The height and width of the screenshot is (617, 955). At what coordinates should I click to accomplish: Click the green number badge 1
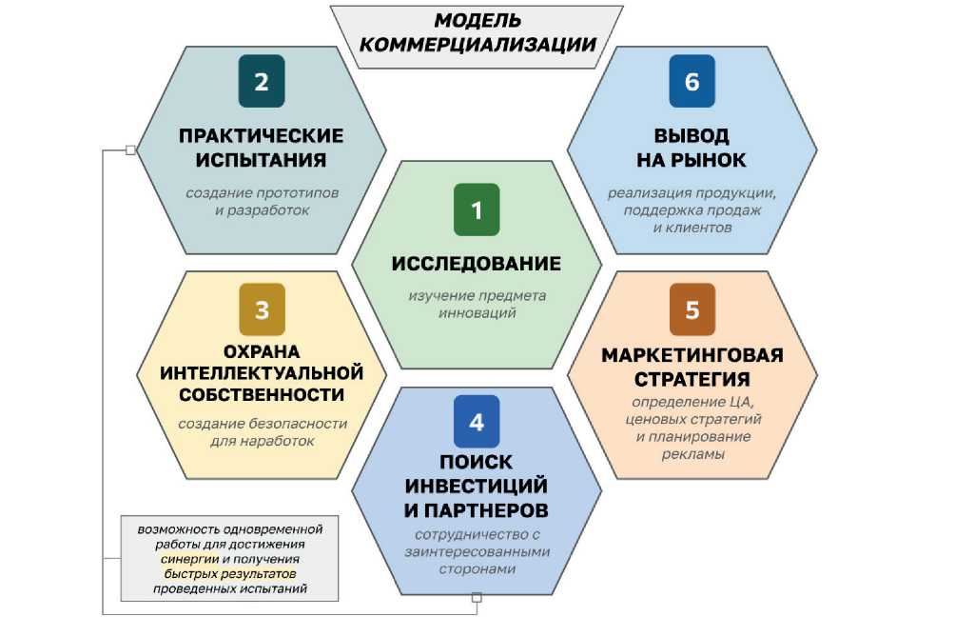[477, 208]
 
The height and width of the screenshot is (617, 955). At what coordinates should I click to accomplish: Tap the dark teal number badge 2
[262, 82]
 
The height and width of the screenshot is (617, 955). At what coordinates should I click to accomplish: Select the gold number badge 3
[262, 308]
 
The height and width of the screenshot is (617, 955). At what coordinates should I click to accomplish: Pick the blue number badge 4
[477, 422]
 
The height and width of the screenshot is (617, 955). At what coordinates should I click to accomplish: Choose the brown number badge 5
[692, 309]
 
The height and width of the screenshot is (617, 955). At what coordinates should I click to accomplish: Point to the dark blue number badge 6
[692, 82]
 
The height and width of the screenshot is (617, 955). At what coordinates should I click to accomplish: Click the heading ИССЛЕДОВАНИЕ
[477, 263]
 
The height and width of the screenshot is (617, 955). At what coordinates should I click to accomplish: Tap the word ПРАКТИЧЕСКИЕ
[262, 135]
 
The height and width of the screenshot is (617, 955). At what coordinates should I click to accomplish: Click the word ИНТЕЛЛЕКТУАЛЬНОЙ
[262, 371]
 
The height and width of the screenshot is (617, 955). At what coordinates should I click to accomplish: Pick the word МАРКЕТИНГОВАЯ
[692, 355]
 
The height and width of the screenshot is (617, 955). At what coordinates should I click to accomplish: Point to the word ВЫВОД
[692, 135]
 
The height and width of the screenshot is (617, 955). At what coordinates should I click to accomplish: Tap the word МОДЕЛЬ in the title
[478, 20]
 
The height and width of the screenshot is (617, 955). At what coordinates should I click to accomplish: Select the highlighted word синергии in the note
[189, 559]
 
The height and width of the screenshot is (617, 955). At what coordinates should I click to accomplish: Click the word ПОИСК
[477, 462]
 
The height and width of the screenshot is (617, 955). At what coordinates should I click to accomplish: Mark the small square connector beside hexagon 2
[131, 149]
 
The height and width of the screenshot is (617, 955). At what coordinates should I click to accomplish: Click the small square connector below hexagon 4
[477, 597]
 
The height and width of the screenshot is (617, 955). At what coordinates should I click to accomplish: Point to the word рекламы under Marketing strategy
[692, 454]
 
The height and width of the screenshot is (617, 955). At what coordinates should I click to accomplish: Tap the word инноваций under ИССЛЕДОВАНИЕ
[477, 312]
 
